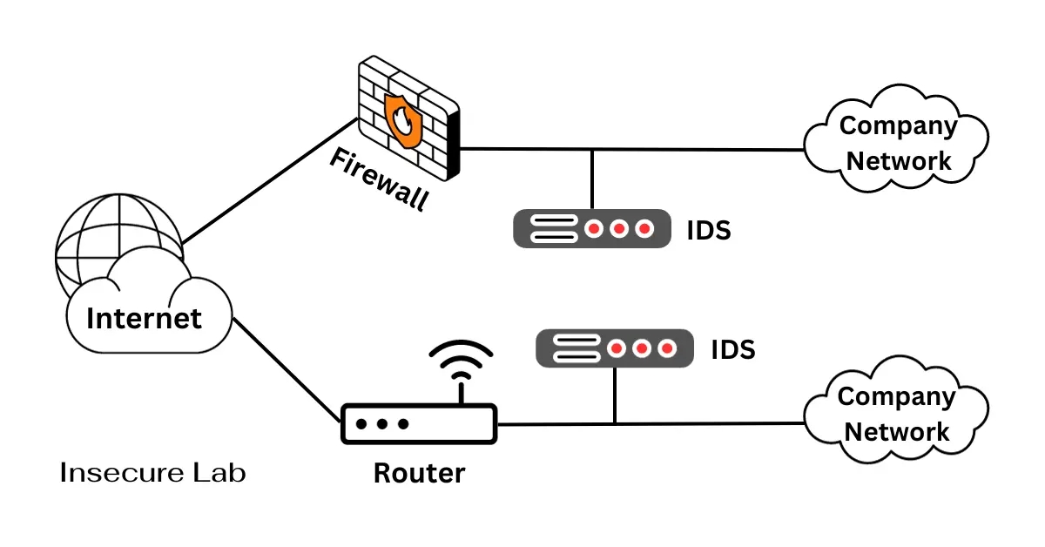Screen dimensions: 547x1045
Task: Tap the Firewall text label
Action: point(380,179)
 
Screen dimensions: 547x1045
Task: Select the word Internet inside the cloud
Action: point(144,318)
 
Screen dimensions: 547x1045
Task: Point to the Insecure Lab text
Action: point(153,473)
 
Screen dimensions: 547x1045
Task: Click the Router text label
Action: point(419,474)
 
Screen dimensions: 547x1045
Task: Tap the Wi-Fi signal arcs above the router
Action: point(461,360)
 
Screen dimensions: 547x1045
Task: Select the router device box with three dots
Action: point(418,424)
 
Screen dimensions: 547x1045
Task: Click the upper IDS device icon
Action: point(592,229)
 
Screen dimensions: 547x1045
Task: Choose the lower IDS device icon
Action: point(615,348)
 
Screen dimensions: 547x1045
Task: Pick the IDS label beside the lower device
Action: point(732,350)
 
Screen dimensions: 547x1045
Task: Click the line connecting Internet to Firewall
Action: point(270,181)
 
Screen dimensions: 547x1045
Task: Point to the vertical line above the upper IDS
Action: point(592,179)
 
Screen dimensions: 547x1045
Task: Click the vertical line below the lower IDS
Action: point(615,395)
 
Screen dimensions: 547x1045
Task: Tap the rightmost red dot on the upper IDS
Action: point(644,229)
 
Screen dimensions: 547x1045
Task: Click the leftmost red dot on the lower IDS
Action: point(617,348)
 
